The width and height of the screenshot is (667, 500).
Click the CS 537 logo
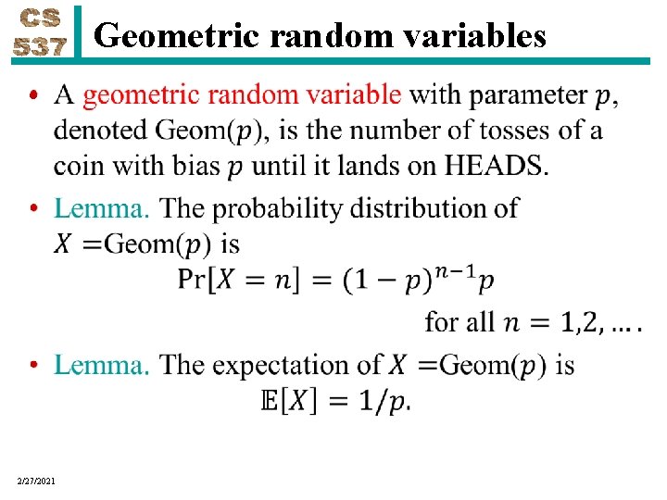tap(39, 33)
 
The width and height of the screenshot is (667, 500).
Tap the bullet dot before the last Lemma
tap(33, 366)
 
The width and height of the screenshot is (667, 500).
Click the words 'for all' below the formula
tap(459, 322)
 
